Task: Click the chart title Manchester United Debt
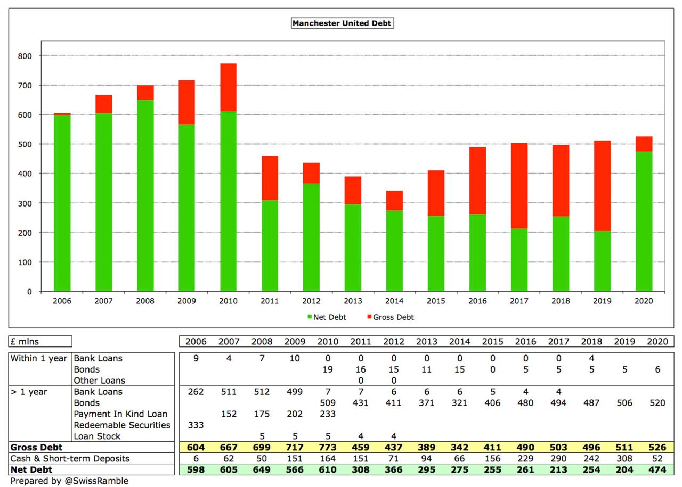pyautogui.click(x=342, y=23)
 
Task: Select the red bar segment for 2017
pyautogui.click(x=519, y=186)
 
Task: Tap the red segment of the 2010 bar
pyautogui.click(x=228, y=87)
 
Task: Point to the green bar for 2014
pyautogui.click(x=394, y=251)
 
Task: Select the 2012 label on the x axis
pyautogui.click(x=311, y=301)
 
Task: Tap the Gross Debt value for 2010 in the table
pyautogui.click(x=328, y=448)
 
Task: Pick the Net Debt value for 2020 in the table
pyautogui.click(x=657, y=470)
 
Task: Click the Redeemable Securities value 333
pyautogui.click(x=196, y=425)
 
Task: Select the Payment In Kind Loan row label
pyautogui.click(x=120, y=414)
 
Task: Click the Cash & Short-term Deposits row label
pyautogui.click(x=70, y=459)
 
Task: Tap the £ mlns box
pyautogui.click(x=40, y=342)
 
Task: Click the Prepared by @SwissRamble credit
pyautogui.click(x=69, y=481)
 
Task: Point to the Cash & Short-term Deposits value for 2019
pyautogui.click(x=624, y=459)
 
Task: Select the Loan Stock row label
pyautogui.click(x=97, y=436)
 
